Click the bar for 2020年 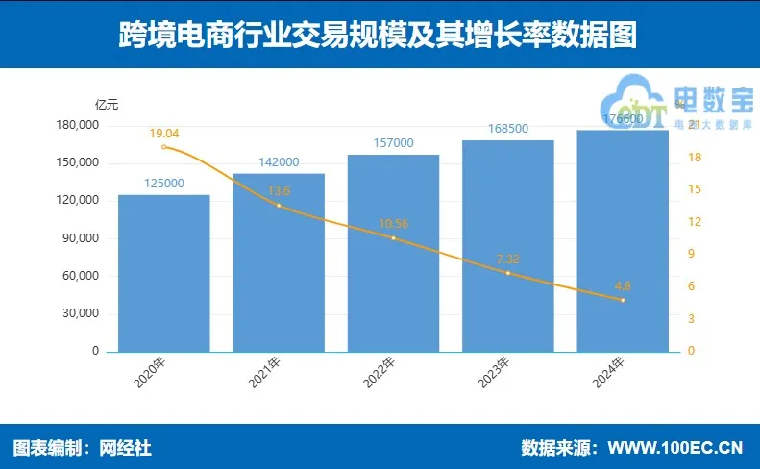coord(163,274)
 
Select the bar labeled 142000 coord(279,264)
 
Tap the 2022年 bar coord(393,254)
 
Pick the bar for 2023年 coord(508,247)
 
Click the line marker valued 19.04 coord(164,147)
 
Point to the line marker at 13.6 coord(279,206)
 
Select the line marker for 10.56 coord(394,238)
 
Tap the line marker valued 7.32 coord(508,273)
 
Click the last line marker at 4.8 coord(623,300)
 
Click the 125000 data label coord(164,184)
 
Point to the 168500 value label coord(508,129)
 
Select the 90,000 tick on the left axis coord(80,238)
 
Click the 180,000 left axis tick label coord(77,126)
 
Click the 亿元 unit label coord(107,104)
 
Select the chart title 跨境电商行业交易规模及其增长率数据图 coord(379,36)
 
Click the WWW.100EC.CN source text coord(676,448)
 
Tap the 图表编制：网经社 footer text coord(83,448)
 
